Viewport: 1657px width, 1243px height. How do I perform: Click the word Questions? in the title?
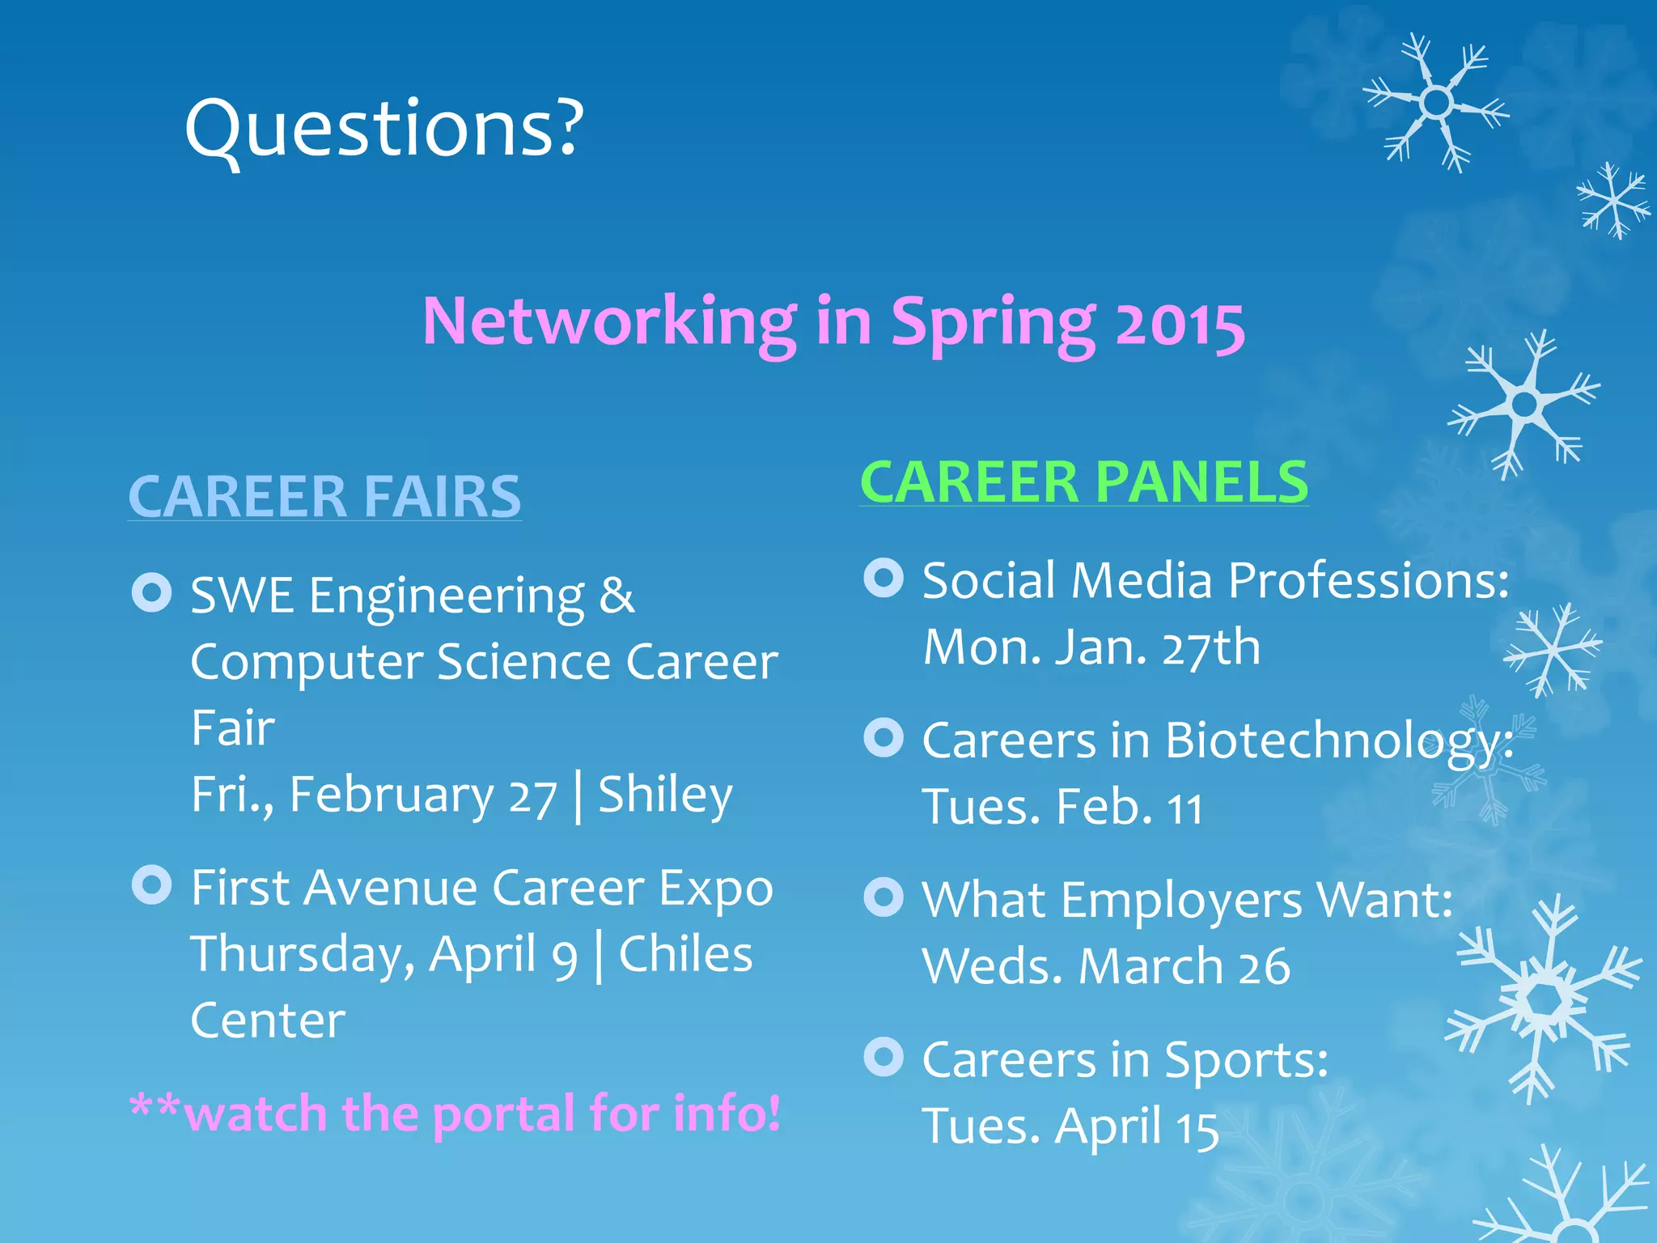[384, 129]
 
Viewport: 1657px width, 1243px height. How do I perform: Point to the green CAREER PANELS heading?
[1084, 482]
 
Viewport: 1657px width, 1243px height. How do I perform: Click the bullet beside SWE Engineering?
[151, 593]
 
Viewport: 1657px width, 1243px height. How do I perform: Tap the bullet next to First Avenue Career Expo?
[151, 885]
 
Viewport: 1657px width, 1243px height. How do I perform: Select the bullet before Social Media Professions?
[884, 579]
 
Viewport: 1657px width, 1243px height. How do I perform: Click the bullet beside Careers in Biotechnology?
[884, 738]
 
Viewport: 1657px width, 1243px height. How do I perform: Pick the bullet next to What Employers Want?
[884, 897]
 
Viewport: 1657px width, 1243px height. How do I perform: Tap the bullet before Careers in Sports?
[884, 1057]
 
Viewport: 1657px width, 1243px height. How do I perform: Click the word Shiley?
[665, 795]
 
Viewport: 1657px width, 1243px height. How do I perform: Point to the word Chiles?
[685, 954]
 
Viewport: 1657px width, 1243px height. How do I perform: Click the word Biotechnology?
[1338, 741]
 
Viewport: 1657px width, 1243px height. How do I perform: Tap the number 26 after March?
[1264, 967]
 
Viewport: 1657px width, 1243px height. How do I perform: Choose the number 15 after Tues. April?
[1197, 1129]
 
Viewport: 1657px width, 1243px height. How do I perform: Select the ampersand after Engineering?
[617, 596]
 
